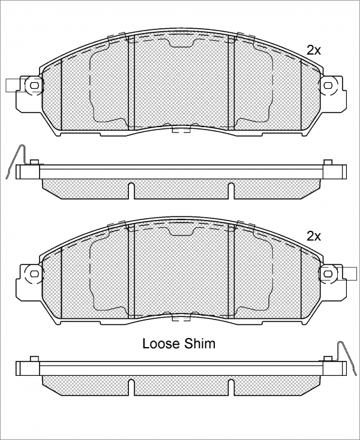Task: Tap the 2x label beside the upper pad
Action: click(314, 50)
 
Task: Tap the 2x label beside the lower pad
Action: click(314, 236)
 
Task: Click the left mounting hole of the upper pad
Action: click(34, 85)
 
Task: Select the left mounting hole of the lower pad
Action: click(34, 273)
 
